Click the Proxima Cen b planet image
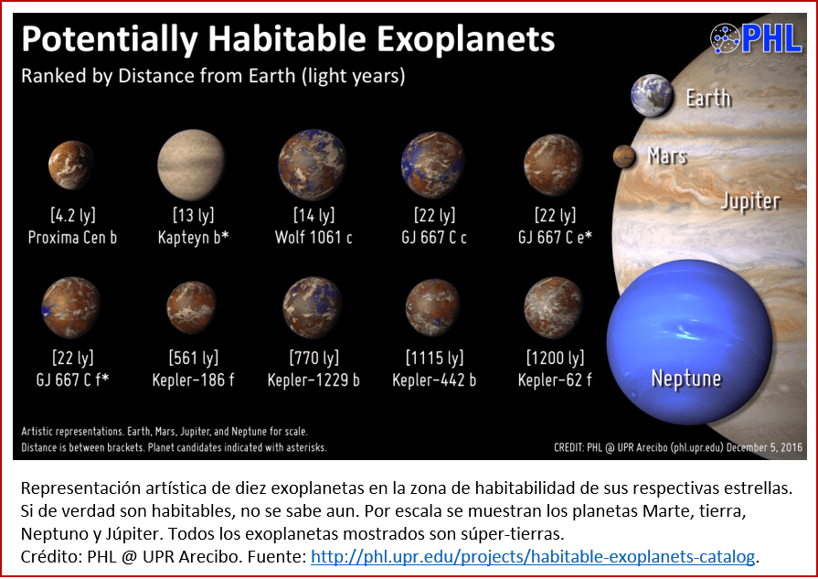click(70, 165)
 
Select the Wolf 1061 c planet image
click(312, 165)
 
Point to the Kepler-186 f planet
click(191, 307)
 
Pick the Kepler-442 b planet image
click(432, 306)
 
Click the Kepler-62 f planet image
click(554, 306)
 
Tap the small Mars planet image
click(625, 157)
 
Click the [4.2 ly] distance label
click(72, 216)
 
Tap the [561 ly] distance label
click(193, 358)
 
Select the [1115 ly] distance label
click(434, 358)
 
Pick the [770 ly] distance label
click(313, 358)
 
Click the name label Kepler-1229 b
click(313, 380)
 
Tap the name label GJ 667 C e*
click(555, 238)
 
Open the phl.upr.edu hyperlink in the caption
click(534, 555)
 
